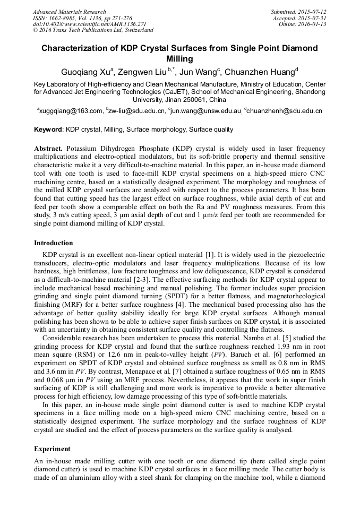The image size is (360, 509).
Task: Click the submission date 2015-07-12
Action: tap(312, 12)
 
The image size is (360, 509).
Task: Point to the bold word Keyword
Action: tap(48, 130)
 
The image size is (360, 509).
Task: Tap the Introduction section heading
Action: tap(54, 243)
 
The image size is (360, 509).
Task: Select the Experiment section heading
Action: tap(52, 448)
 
